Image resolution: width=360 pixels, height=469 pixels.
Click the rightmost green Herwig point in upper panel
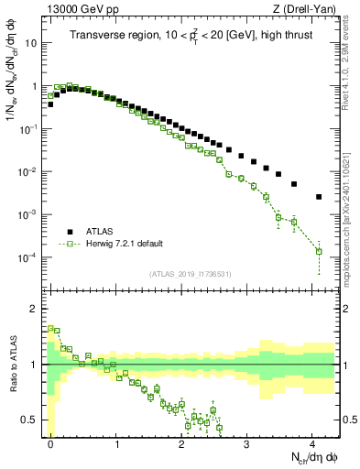(x=319, y=251)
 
